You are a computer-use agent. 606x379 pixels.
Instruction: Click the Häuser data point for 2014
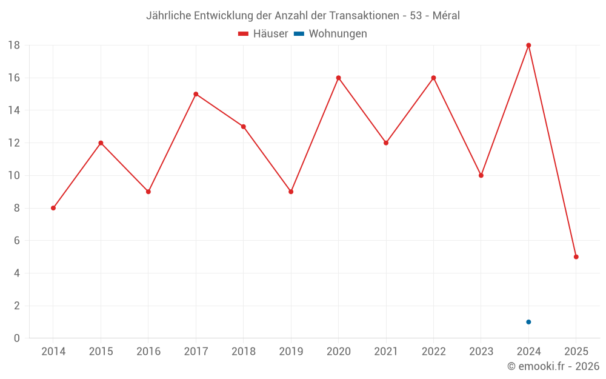(x=53, y=208)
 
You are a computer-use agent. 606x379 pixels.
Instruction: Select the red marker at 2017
(x=196, y=94)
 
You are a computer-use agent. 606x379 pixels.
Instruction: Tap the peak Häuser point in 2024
(x=528, y=45)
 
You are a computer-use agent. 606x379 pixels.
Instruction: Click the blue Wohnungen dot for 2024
(x=528, y=322)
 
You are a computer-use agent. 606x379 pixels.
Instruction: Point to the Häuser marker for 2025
(x=576, y=257)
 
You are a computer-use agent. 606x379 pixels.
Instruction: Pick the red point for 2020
(x=338, y=78)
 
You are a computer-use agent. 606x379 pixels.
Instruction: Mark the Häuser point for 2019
(x=291, y=192)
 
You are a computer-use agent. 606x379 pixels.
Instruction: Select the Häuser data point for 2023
(x=481, y=175)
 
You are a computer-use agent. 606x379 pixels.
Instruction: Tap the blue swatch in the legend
(x=299, y=34)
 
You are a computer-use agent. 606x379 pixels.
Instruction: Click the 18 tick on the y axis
(x=14, y=45)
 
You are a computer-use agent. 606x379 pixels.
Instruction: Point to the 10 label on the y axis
(x=14, y=176)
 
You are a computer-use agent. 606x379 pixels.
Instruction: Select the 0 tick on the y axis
(x=17, y=338)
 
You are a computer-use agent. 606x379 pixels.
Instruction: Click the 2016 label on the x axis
(x=148, y=352)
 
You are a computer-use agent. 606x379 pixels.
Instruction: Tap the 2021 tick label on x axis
(x=386, y=352)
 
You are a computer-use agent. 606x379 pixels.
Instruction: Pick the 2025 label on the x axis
(x=576, y=352)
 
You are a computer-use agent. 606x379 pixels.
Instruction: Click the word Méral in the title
(x=446, y=16)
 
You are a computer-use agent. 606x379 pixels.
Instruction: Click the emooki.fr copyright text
(x=553, y=366)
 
